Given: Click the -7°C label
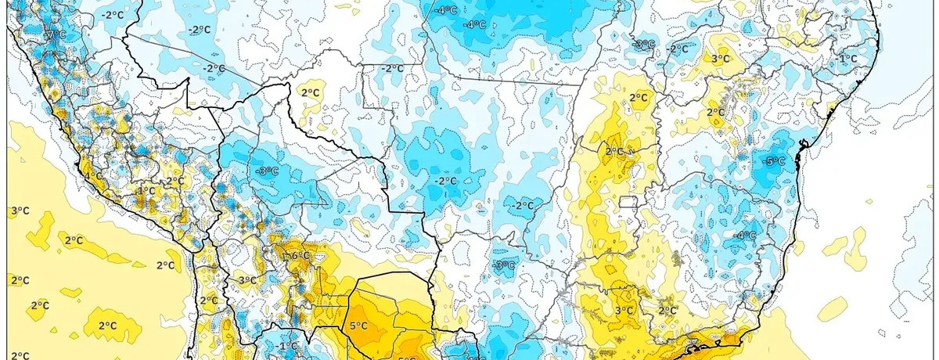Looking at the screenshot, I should coord(55,34).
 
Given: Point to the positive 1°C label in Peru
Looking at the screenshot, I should coord(146,190).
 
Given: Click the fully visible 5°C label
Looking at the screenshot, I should coord(358,325).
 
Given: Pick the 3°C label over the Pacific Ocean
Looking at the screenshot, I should coord(19,211).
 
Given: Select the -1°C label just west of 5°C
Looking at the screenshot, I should coord(289,345).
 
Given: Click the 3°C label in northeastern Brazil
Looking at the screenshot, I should coord(720,59).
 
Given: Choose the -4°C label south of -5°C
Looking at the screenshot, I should coord(745,235).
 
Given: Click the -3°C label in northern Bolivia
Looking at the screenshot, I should coord(268,171).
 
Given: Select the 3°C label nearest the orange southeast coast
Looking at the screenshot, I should coord(624,311).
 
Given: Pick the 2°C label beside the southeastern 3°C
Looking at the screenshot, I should coord(667,311).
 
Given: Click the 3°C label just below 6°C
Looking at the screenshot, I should coord(247,280).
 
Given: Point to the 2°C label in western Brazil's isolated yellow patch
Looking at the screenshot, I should coord(311,92).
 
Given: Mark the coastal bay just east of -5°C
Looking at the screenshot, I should coord(800,155).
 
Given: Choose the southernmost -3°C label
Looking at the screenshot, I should coord(505,265).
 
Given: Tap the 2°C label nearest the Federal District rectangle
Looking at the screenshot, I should coord(615,151).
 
